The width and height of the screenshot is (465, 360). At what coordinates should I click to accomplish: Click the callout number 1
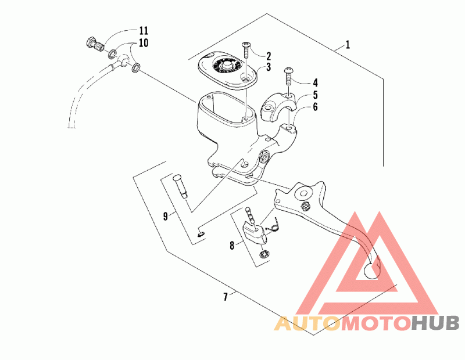tap(348, 45)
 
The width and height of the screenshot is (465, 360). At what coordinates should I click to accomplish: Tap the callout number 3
tap(269, 68)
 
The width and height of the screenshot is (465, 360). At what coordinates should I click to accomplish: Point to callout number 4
tap(316, 83)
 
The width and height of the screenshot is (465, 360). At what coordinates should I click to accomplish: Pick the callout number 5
tap(316, 95)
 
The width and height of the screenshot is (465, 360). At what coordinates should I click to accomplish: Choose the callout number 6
tap(316, 107)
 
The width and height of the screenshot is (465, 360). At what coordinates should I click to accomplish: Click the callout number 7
tap(225, 297)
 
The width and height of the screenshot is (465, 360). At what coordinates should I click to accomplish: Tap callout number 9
tap(166, 216)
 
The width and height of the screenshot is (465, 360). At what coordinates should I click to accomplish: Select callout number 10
tap(144, 43)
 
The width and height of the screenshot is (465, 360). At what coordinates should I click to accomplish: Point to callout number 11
tap(144, 30)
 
